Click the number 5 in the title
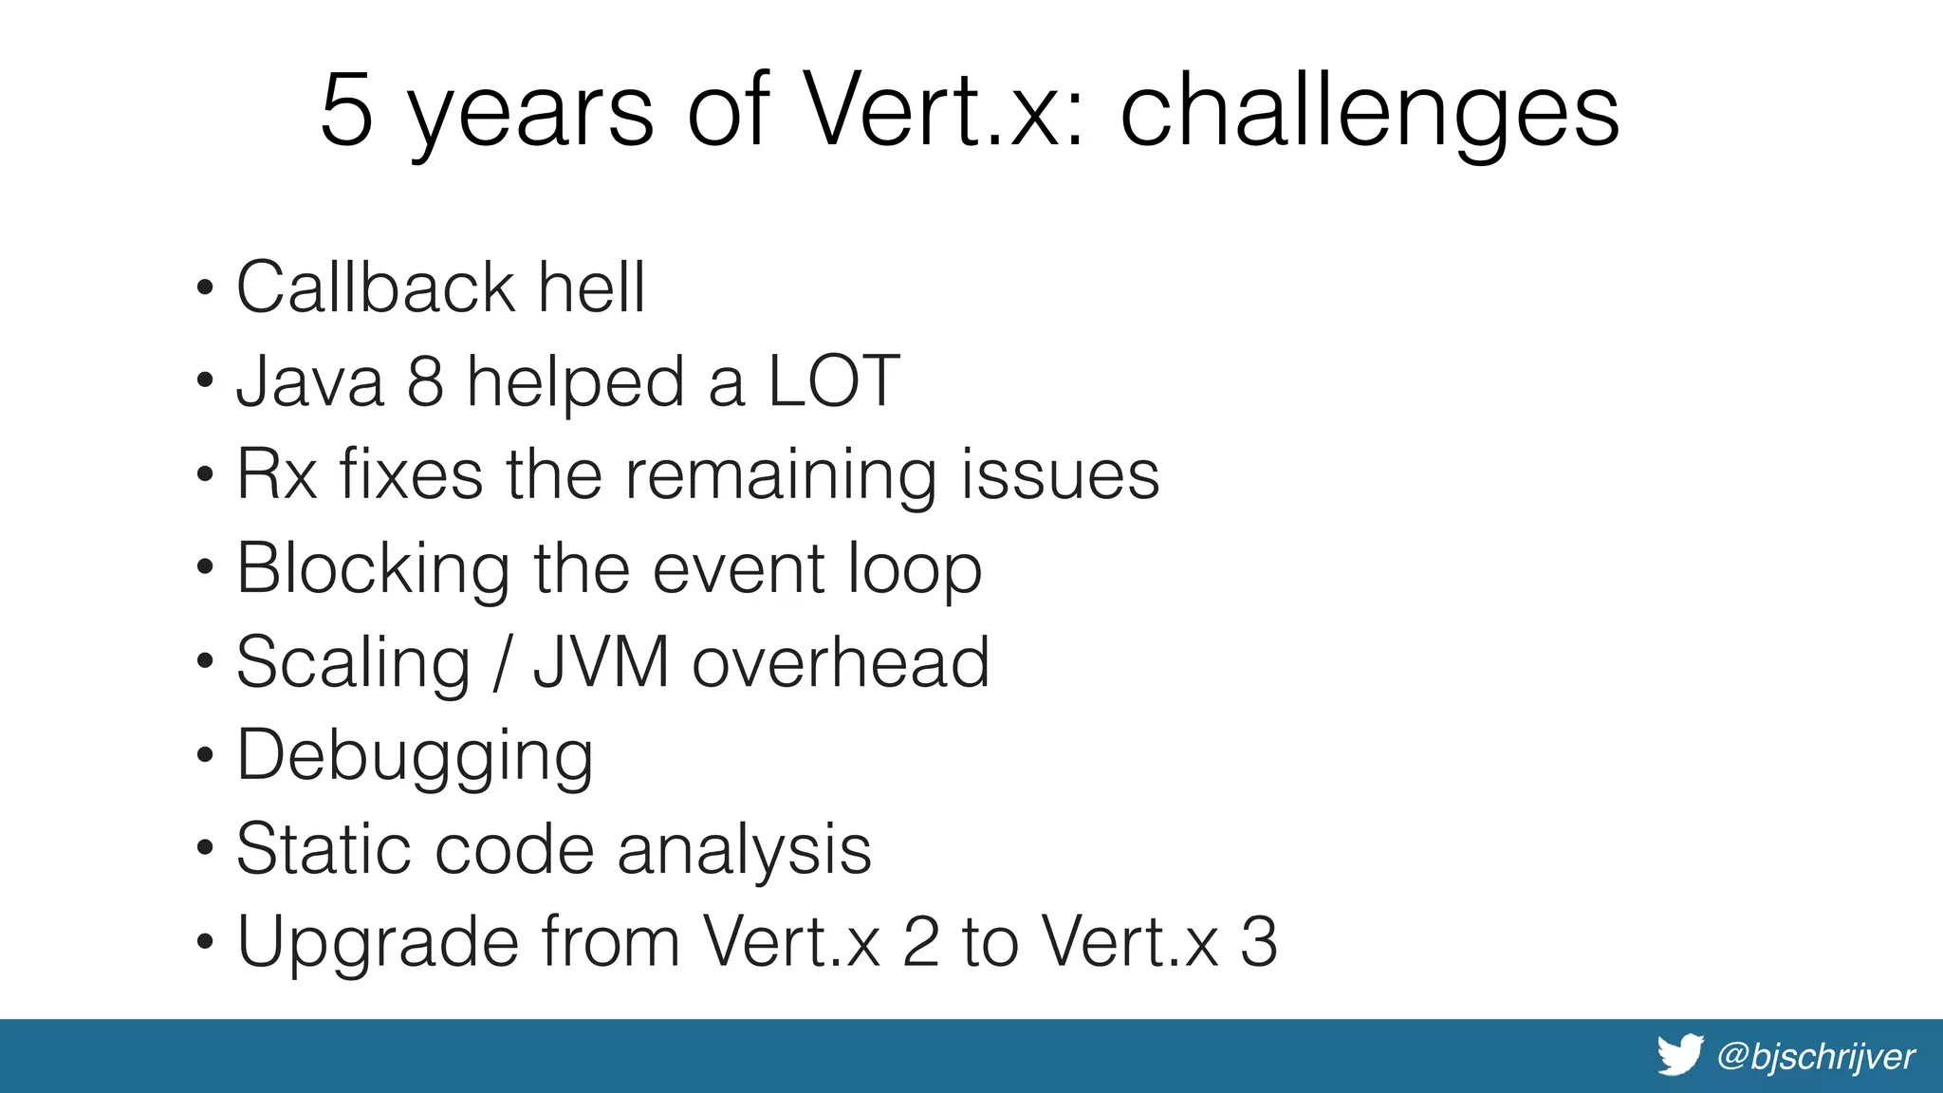click(346, 111)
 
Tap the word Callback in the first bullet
click(375, 287)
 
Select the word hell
click(592, 287)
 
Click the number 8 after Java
click(425, 381)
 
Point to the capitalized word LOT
click(833, 381)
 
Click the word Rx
click(276, 474)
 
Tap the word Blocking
click(373, 569)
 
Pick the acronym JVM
click(601, 662)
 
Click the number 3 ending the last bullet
click(1258, 942)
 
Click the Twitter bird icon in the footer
click(1680, 1055)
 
